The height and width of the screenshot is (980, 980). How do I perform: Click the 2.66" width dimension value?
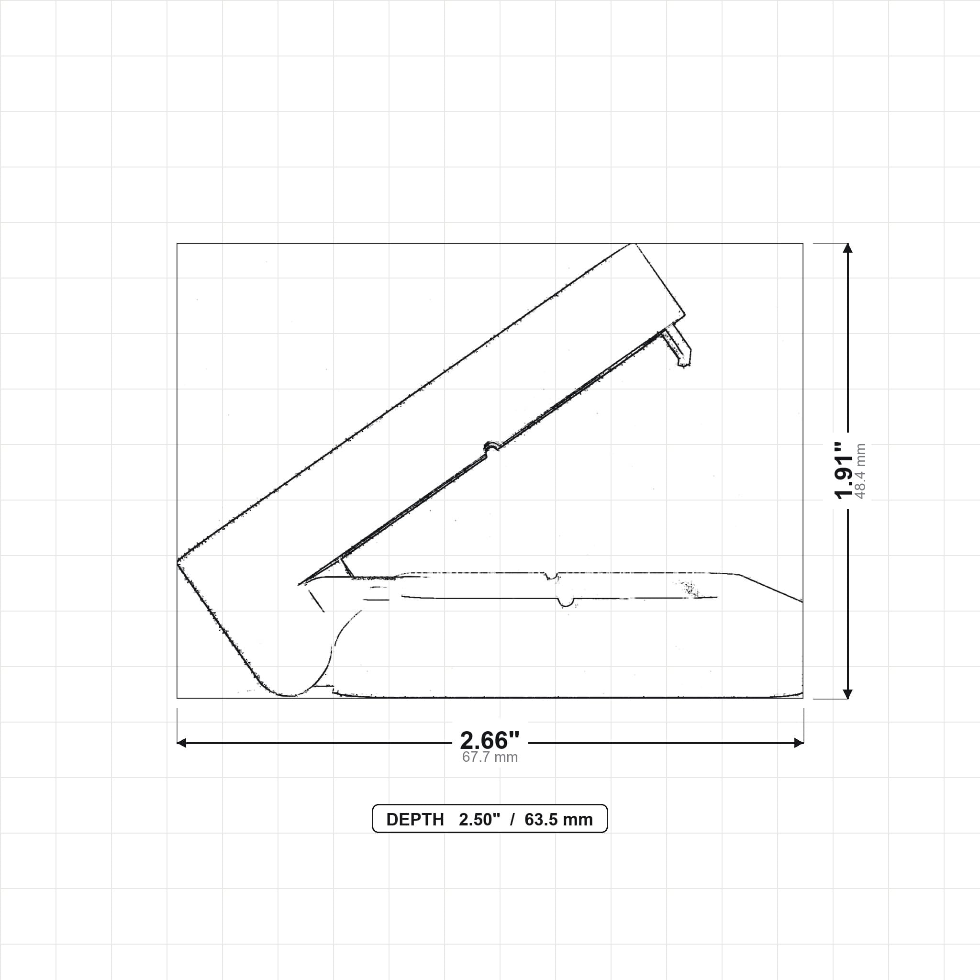click(x=490, y=741)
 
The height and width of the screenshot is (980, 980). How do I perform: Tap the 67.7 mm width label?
click(x=490, y=757)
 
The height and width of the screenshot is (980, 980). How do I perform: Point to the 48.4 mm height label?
click(x=860, y=471)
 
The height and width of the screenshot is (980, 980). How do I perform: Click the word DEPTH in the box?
click(x=415, y=820)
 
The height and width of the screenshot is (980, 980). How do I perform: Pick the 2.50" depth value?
click(x=479, y=820)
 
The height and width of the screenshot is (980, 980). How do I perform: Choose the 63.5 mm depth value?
click(x=558, y=820)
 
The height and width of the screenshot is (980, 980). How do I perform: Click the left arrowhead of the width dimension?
click(x=181, y=743)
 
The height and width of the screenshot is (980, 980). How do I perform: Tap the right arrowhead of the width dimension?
click(x=799, y=743)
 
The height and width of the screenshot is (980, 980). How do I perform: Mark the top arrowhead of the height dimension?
click(x=847, y=248)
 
